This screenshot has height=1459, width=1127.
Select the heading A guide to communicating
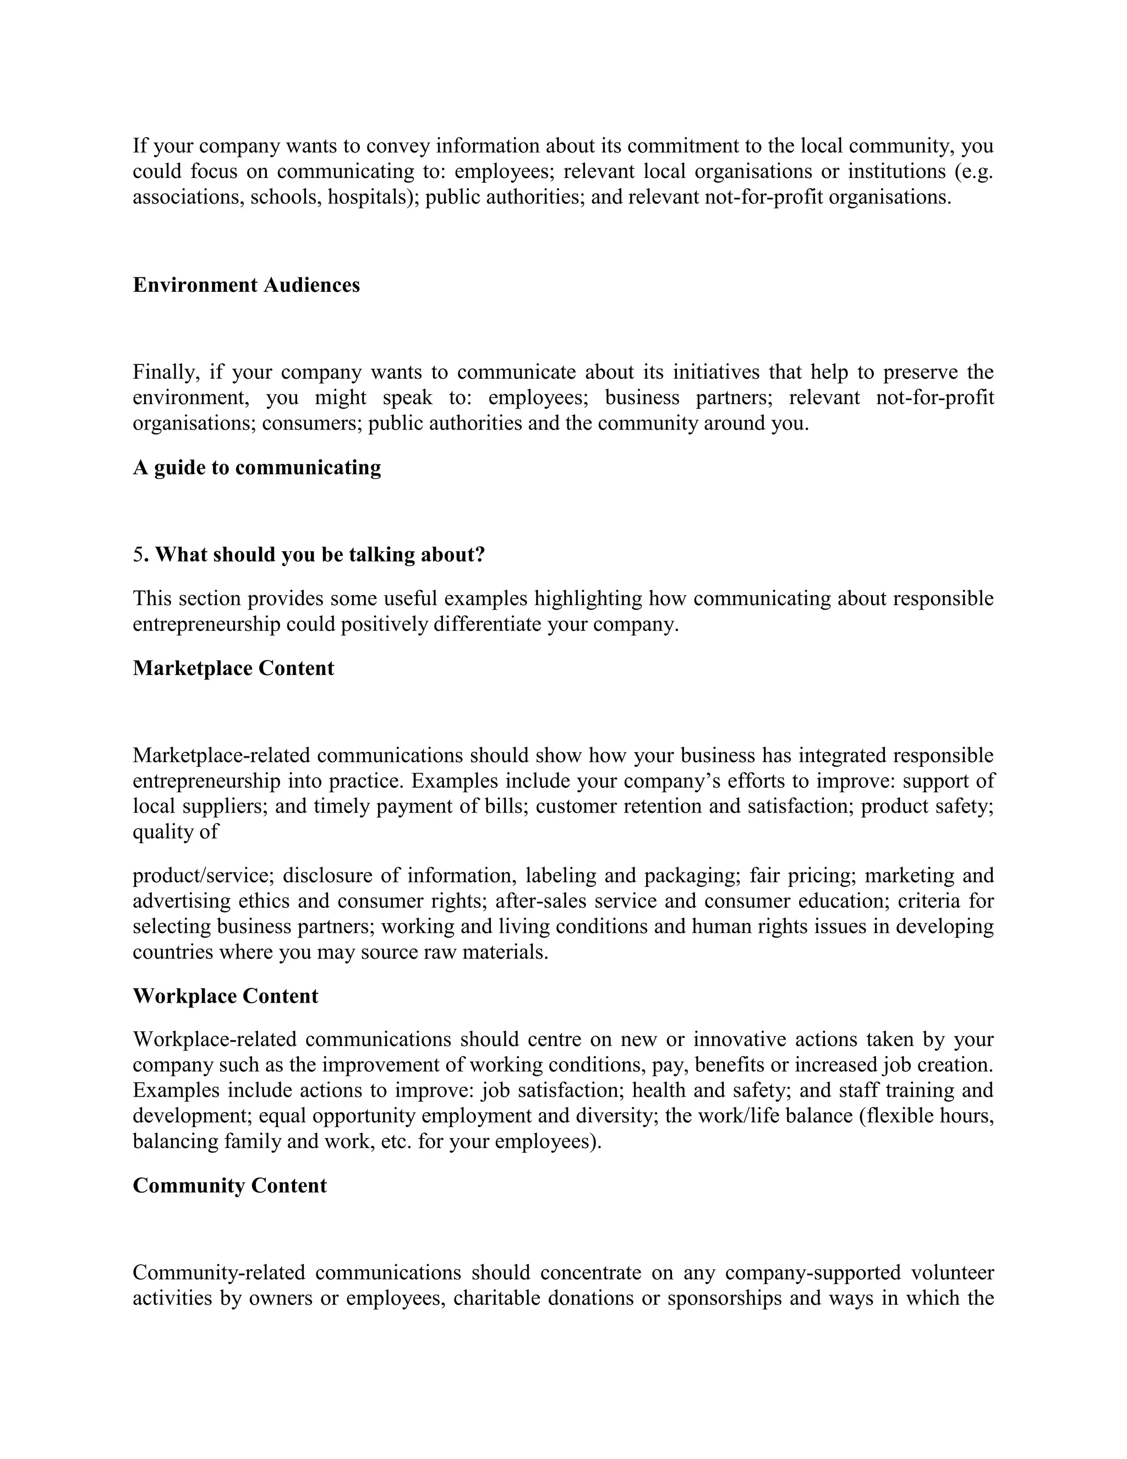(x=256, y=467)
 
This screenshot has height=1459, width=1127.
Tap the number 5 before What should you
(x=138, y=555)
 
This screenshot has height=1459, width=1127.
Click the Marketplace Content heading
(x=233, y=669)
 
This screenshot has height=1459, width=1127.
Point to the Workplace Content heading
(x=225, y=996)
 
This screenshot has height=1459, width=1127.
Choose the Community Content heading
(x=229, y=1186)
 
